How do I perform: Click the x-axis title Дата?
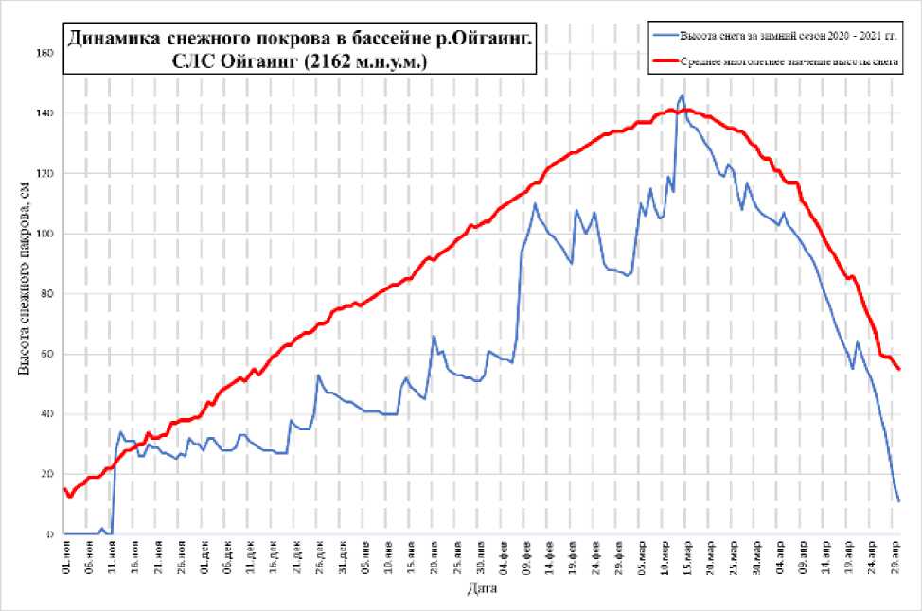480,589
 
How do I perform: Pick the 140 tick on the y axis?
44,113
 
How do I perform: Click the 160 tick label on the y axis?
44,53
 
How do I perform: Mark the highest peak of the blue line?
682,95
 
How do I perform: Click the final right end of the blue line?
898,501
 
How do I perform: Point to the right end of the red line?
899,369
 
